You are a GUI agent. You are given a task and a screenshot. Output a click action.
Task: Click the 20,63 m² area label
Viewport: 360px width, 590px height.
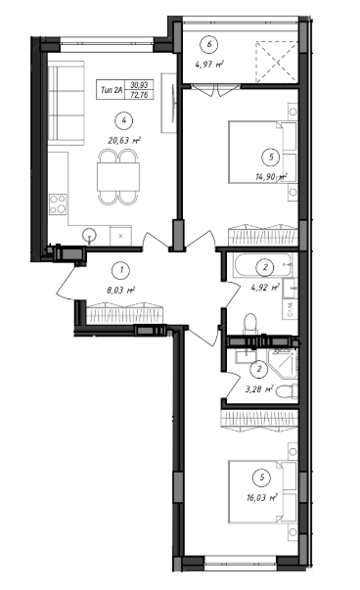124,141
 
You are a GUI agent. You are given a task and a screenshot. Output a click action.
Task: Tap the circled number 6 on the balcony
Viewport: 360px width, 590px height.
209,44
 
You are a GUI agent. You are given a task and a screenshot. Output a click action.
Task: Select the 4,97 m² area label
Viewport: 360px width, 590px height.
209,64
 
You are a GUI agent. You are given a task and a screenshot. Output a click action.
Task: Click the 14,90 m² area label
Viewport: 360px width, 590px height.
271,177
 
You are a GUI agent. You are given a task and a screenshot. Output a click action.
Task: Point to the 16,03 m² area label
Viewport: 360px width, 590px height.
262,497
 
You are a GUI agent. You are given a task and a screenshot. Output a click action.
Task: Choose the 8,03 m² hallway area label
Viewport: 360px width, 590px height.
121,290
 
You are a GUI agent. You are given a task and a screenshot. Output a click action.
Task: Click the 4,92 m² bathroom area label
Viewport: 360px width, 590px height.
265,288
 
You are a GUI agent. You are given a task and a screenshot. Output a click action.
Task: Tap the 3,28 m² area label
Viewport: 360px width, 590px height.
259,389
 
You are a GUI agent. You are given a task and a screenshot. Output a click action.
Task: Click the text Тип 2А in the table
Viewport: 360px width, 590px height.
112,90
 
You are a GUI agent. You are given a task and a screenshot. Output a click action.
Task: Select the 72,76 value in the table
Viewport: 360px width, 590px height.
139,95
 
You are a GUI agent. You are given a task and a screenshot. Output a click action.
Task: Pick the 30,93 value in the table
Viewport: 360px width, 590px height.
139,85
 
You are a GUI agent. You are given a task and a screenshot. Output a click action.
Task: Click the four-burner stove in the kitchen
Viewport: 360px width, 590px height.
58,204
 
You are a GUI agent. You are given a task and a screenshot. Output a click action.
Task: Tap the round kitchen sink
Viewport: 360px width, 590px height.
90,236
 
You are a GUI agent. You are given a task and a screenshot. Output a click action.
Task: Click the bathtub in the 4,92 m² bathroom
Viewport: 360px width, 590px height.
262,265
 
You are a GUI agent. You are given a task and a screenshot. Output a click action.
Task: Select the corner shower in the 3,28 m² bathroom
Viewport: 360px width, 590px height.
282,363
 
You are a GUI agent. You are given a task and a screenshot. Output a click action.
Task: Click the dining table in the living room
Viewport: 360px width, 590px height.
118,176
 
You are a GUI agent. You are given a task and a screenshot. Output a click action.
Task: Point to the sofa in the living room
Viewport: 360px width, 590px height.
67,104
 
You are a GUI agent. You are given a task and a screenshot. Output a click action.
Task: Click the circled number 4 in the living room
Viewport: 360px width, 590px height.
124,120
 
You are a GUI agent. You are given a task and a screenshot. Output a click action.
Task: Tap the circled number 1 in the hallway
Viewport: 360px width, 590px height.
121,270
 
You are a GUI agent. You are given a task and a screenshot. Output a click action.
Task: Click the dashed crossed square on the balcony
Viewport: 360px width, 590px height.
277,62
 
